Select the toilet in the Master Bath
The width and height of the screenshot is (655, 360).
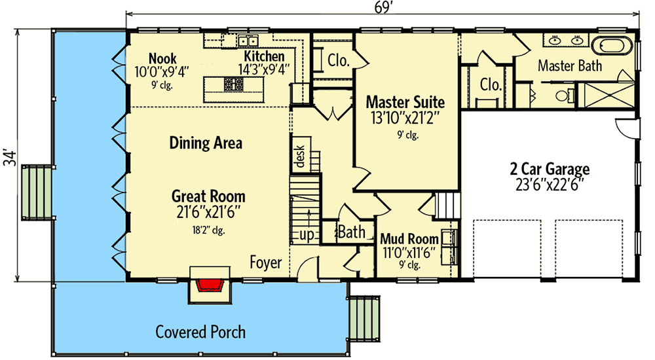[x=563, y=97]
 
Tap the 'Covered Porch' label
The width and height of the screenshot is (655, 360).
[x=200, y=332]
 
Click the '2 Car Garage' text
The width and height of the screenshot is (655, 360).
[x=550, y=170]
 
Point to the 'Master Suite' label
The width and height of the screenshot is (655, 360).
[x=405, y=102]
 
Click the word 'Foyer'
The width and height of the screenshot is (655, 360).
[x=265, y=263]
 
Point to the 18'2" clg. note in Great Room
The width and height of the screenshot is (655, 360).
[x=208, y=230]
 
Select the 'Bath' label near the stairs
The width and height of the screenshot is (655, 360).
[x=351, y=232]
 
